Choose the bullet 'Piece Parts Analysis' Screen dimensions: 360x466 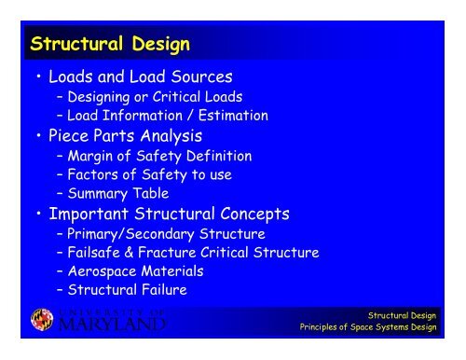point(130,137)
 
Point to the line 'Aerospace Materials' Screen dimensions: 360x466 point(136,270)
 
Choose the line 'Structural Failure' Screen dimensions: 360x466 point(130,289)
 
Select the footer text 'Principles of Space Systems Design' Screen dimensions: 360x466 point(367,327)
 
